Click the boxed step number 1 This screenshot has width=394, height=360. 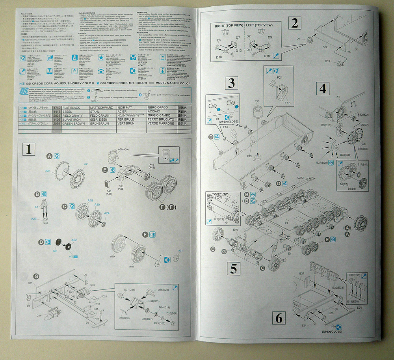(x=28, y=149)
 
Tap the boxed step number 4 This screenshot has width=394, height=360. (x=323, y=89)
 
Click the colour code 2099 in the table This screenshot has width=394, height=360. (x=56, y=123)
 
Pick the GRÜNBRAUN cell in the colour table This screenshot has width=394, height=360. (x=100, y=123)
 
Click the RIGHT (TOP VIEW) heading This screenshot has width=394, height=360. (x=229, y=25)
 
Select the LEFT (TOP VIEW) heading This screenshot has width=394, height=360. (x=259, y=25)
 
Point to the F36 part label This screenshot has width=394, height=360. (x=256, y=101)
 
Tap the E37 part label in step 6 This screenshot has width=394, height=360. (x=302, y=273)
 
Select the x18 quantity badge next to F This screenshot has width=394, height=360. (x=152, y=235)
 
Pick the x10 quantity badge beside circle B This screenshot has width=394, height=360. (x=44, y=194)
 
